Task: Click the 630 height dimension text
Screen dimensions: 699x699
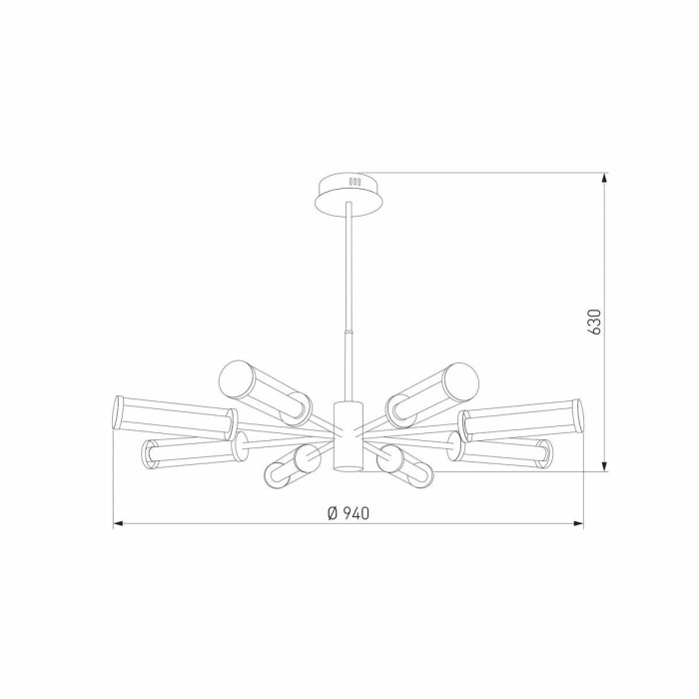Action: (x=594, y=322)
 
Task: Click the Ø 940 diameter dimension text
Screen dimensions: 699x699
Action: (x=349, y=513)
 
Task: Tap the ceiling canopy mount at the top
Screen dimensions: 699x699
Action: (x=349, y=193)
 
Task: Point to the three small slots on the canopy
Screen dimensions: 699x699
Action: (x=352, y=182)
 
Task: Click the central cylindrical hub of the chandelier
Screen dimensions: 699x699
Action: (x=346, y=436)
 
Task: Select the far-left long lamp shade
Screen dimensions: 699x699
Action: (x=173, y=416)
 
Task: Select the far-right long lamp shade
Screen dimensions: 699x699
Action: (x=520, y=416)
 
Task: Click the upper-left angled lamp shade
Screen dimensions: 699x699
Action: (x=263, y=388)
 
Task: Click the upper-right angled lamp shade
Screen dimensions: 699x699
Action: (x=434, y=388)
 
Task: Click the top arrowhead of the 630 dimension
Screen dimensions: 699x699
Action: (x=606, y=178)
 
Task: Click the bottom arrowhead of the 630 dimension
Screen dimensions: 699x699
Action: (x=606, y=467)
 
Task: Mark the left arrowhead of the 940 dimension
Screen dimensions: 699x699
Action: (x=117, y=522)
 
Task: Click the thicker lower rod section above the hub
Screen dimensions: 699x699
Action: (x=349, y=365)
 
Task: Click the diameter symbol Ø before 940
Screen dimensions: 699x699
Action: (x=331, y=513)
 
